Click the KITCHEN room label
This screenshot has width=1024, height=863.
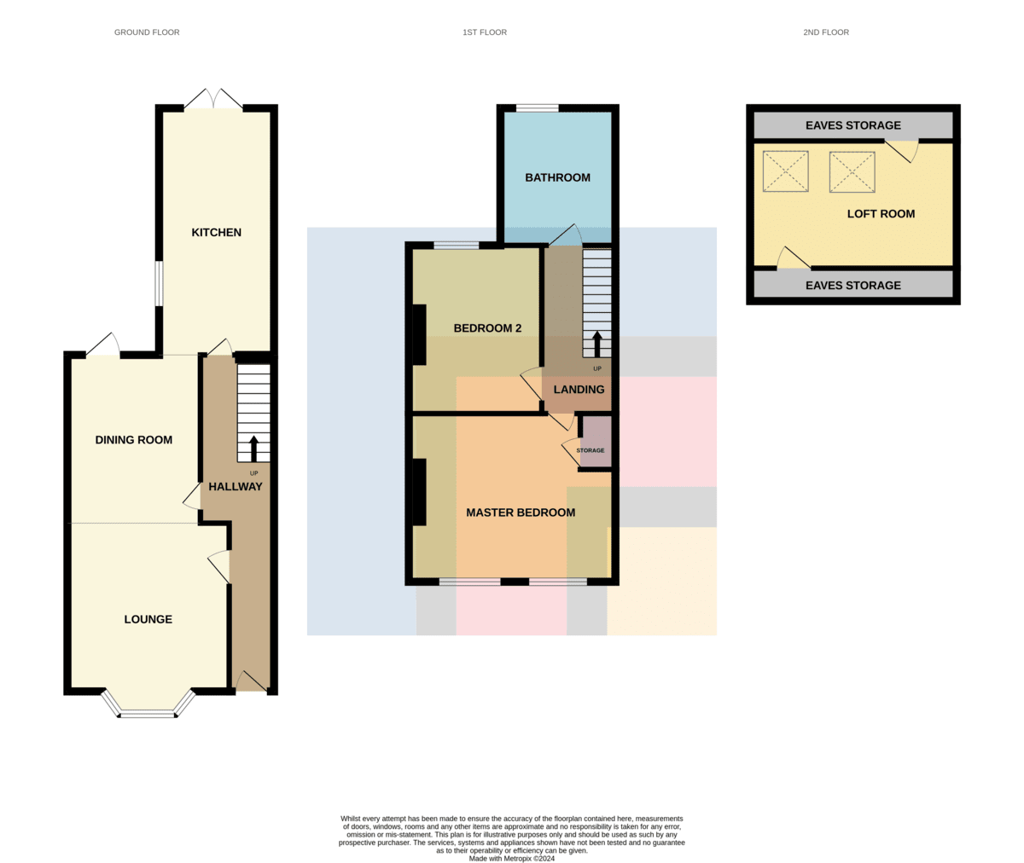click(216, 232)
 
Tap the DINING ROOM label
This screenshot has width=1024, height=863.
click(133, 440)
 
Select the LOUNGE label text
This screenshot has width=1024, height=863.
click(148, 619)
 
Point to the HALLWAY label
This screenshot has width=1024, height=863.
click(236, 487)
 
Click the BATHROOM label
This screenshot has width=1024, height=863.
click(557, 177)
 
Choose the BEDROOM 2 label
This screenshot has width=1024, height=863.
click(487, 328)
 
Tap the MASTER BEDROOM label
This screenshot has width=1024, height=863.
click(521, 513)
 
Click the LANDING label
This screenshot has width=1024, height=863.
click(579, 390)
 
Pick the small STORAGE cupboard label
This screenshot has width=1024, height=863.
click(591, 450)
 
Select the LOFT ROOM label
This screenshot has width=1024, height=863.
click(881, 214)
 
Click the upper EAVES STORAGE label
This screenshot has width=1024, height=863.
click(852, 125)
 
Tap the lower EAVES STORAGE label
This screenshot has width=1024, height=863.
click(852, 286)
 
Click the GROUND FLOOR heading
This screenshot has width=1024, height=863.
click(147, 32)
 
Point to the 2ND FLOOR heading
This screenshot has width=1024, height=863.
click(826, 32)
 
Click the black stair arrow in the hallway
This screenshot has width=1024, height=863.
click(253, 449)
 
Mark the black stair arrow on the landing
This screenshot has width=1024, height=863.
click(596, 344)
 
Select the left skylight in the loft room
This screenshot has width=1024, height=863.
click(786, 171)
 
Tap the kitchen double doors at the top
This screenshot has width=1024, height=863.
click(213, 99)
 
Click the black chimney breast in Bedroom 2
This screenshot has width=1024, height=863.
click(419, 335)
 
